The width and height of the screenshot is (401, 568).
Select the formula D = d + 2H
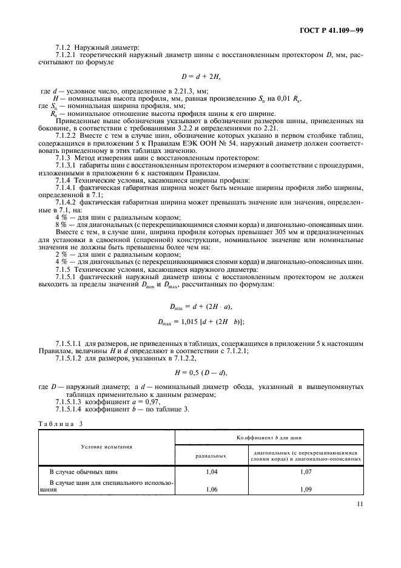pos(201,76)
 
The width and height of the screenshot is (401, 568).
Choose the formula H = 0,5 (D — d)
pos(201,371)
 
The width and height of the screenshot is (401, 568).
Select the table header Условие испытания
pos(107,445)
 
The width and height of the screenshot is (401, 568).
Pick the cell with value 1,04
pos(211,472)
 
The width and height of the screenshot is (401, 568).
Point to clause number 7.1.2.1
pos(66,54)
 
